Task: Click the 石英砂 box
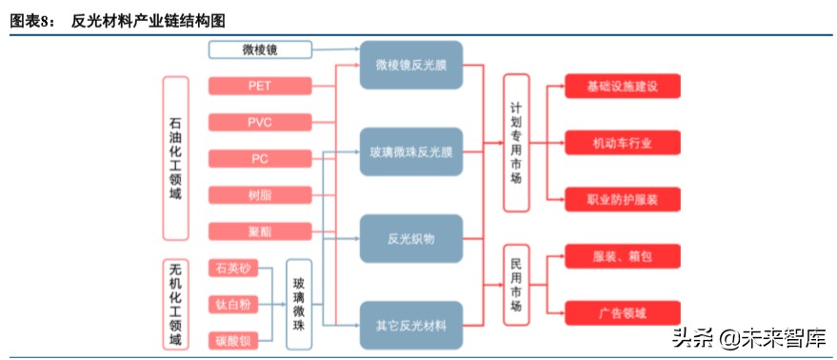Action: [233, 269]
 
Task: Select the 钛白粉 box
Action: [233, 304]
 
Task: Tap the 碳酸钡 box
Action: [233, 339]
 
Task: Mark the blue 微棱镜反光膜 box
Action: [410, 65]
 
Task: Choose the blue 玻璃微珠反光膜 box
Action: [410, 151]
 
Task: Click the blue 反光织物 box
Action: [410, 238]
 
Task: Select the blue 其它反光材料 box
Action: [410, 326]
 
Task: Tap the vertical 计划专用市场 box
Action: [516, 143]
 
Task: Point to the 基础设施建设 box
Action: [623, 86]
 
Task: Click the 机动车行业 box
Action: [623, 143]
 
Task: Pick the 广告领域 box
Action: [623, 312]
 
